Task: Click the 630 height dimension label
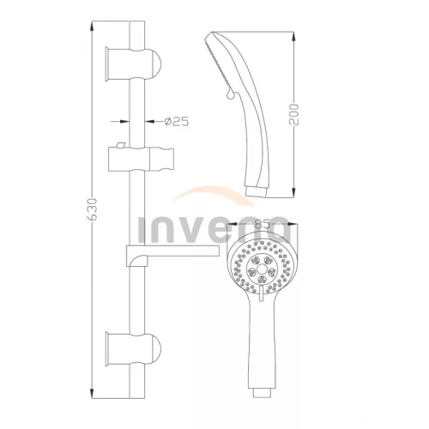tap(93, 209)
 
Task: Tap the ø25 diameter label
tap(177, 122)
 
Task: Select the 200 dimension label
tap(293, 114)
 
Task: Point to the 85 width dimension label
tap(263, 224)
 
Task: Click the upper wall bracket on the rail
tap(133, 64)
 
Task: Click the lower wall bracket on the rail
tap(133, 349)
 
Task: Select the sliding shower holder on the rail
tap(141, 159)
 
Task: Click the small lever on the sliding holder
tap(120, 145)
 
